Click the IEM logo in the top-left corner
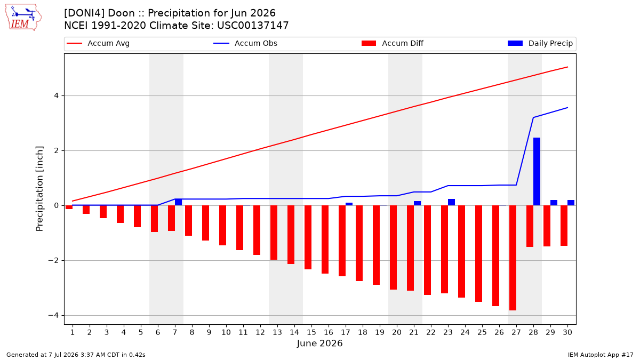(x=23, y=18)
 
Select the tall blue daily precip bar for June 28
(x=537, y=171)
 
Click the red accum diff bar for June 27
(x=513, y=258)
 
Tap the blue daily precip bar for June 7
(x=178, y=202)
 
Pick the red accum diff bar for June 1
(x=69, y=207)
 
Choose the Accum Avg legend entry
(x=98, y=43)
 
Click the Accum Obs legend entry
(x=245, y=43)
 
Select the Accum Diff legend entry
(x=393, y=43)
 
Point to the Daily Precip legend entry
(x=540, y=43)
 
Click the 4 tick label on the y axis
(x=56, y=95)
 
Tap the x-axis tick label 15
(x=311, y=332)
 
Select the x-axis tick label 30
(x=567, y=332)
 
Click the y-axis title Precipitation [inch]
(x=39, y=189)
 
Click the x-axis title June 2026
(x=319, y=343)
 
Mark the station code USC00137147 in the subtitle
(x=253, y=26)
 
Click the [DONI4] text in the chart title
(x=84, y=13)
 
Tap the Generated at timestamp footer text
(x=76, y=355)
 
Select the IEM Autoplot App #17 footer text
(x=601, y=355)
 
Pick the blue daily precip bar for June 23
(x=451, y=202)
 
